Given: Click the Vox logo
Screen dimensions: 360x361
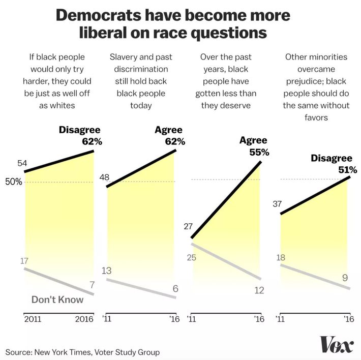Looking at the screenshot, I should [336, 345].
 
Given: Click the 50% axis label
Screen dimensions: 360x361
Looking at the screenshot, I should [14, 182].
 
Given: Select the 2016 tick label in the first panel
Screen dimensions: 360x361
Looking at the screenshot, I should [84, 319].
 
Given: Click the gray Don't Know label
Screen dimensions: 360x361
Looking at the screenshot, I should [57, 299].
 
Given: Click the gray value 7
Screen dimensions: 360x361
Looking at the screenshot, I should [91, 284].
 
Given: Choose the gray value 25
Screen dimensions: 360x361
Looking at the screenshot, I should [193, 257].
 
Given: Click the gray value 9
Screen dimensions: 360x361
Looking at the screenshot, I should [345, 278].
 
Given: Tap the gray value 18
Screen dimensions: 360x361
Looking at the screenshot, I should [280, 257].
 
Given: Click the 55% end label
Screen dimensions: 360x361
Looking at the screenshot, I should [259, 152].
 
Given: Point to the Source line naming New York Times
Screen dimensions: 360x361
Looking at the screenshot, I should [83, 352].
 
